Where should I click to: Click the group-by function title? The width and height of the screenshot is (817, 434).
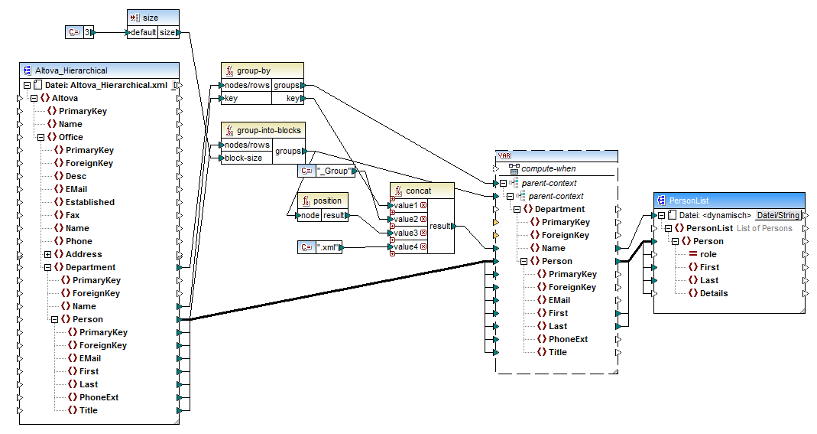(253, 70)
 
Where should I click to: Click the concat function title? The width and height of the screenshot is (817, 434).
(418, 190)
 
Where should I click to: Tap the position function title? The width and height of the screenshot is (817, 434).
(327, 201)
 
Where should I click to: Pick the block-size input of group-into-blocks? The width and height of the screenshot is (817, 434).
(245, 158)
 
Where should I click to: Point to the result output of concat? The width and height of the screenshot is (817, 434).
(439, 227)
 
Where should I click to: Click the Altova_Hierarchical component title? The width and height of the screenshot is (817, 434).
(71, 70)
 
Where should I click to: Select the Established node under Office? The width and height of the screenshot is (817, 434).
(89, 202)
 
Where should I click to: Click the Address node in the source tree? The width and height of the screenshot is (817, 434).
(83, 254)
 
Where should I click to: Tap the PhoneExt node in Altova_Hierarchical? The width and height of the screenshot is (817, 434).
(99, 397)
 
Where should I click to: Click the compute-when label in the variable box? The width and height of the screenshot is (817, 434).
(549, 168)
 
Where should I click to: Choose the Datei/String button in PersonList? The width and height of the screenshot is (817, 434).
(778, 215)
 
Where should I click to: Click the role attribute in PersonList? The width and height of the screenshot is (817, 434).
(708, 254)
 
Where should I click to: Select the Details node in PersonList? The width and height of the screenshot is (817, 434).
(714, 293)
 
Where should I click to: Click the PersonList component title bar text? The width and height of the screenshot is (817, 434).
(692, 200)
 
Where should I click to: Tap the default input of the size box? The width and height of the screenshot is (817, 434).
(142, 33)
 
